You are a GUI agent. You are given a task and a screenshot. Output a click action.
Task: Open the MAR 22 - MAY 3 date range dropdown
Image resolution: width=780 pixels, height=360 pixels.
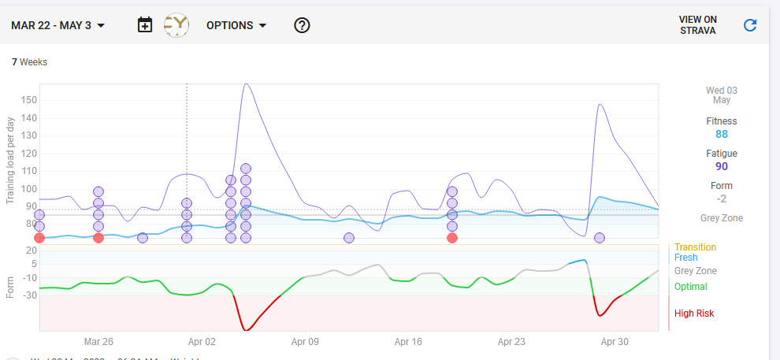click(58, 25)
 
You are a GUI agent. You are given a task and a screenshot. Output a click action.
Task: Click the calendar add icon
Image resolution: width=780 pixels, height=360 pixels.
click(145, 25)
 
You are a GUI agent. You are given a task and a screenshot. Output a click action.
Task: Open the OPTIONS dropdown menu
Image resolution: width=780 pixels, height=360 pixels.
click(236, 25)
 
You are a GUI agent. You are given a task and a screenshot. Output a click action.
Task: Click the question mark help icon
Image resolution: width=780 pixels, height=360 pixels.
click(302, 25)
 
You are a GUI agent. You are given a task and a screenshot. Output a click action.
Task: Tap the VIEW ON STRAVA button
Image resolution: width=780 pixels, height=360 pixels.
click(698, 25)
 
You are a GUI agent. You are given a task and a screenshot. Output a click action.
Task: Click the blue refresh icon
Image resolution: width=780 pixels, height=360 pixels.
click(750, 25)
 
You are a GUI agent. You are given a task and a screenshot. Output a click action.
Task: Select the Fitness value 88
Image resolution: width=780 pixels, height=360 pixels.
click(722, 134)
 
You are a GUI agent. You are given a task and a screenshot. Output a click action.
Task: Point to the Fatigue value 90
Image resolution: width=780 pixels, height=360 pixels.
click(722, 166)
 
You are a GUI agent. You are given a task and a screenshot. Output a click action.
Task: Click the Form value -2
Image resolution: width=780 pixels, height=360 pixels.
click(722, 199)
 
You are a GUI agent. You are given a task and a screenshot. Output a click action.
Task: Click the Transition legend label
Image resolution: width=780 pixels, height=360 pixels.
click(695, 247)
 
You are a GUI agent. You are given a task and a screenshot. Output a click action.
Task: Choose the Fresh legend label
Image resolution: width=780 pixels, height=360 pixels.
click(685, 258)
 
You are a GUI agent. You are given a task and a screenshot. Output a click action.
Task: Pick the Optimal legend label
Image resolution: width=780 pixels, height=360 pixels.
click(690, 287)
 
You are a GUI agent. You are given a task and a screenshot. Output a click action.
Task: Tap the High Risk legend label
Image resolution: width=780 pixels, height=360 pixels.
click(694, 314)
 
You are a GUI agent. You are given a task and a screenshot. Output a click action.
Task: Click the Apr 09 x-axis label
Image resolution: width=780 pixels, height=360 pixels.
click(305, 342)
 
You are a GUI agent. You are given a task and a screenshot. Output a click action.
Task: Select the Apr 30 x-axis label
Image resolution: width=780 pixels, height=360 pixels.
click(615, 342)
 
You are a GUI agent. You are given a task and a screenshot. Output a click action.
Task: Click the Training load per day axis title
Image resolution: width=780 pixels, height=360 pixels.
click(10, 160)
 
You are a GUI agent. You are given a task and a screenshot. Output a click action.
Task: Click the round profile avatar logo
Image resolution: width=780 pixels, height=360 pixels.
click(176, 25)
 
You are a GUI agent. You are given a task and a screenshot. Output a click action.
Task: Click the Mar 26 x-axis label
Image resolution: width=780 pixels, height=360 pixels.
click(98, 342)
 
